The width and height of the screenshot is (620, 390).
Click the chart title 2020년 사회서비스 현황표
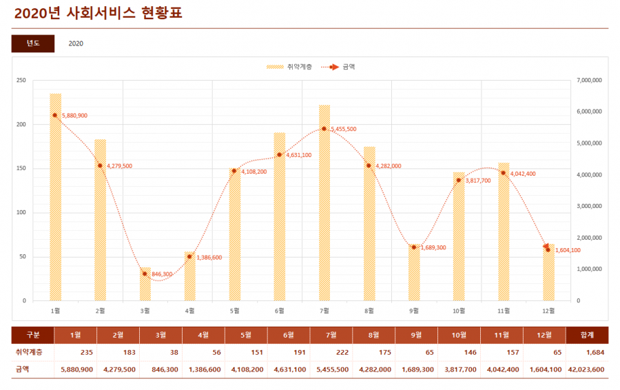point(98,13)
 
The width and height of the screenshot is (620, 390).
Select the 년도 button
point(33,43)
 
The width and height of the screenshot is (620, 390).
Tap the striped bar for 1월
point(55,200)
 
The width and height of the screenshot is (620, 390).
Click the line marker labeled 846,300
point(145,274)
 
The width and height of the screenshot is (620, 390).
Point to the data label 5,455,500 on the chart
point(344,129)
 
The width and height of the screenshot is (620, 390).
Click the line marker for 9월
point(414,247)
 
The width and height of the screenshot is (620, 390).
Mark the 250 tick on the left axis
point(21,81)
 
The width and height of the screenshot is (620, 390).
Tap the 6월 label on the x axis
point(280,311)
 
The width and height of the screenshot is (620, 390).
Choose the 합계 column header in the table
point(587,335)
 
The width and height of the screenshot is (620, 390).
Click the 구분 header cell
point(32,335)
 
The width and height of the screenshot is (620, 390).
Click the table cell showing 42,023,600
point(588,369)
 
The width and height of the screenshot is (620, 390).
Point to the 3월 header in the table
point(161,335)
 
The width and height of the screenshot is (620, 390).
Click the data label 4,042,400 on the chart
point(523,174)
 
